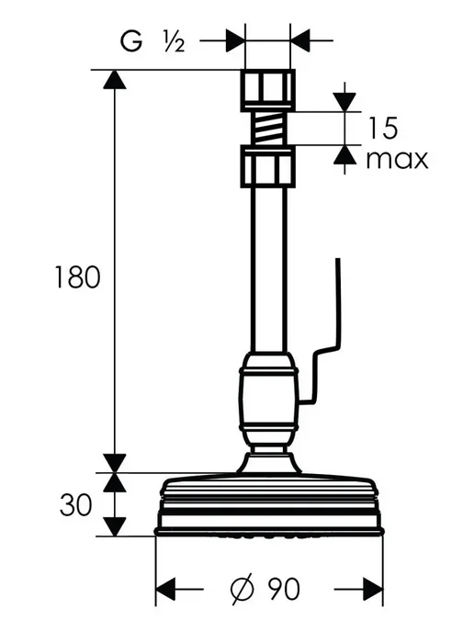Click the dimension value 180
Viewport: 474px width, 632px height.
[x=77, y=276]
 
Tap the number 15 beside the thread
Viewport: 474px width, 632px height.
[x=383, y=128]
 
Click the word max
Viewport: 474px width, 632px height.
[x=397, y=160]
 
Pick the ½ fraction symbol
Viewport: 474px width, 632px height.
[x=175, y=41]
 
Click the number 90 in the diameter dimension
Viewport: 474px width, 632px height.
[x=284, y=589]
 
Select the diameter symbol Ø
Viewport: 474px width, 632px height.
[x=243, y=589]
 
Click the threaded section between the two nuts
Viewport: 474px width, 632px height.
[x=267, y=129]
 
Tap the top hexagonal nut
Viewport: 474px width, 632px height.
[x=268, y=90]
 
